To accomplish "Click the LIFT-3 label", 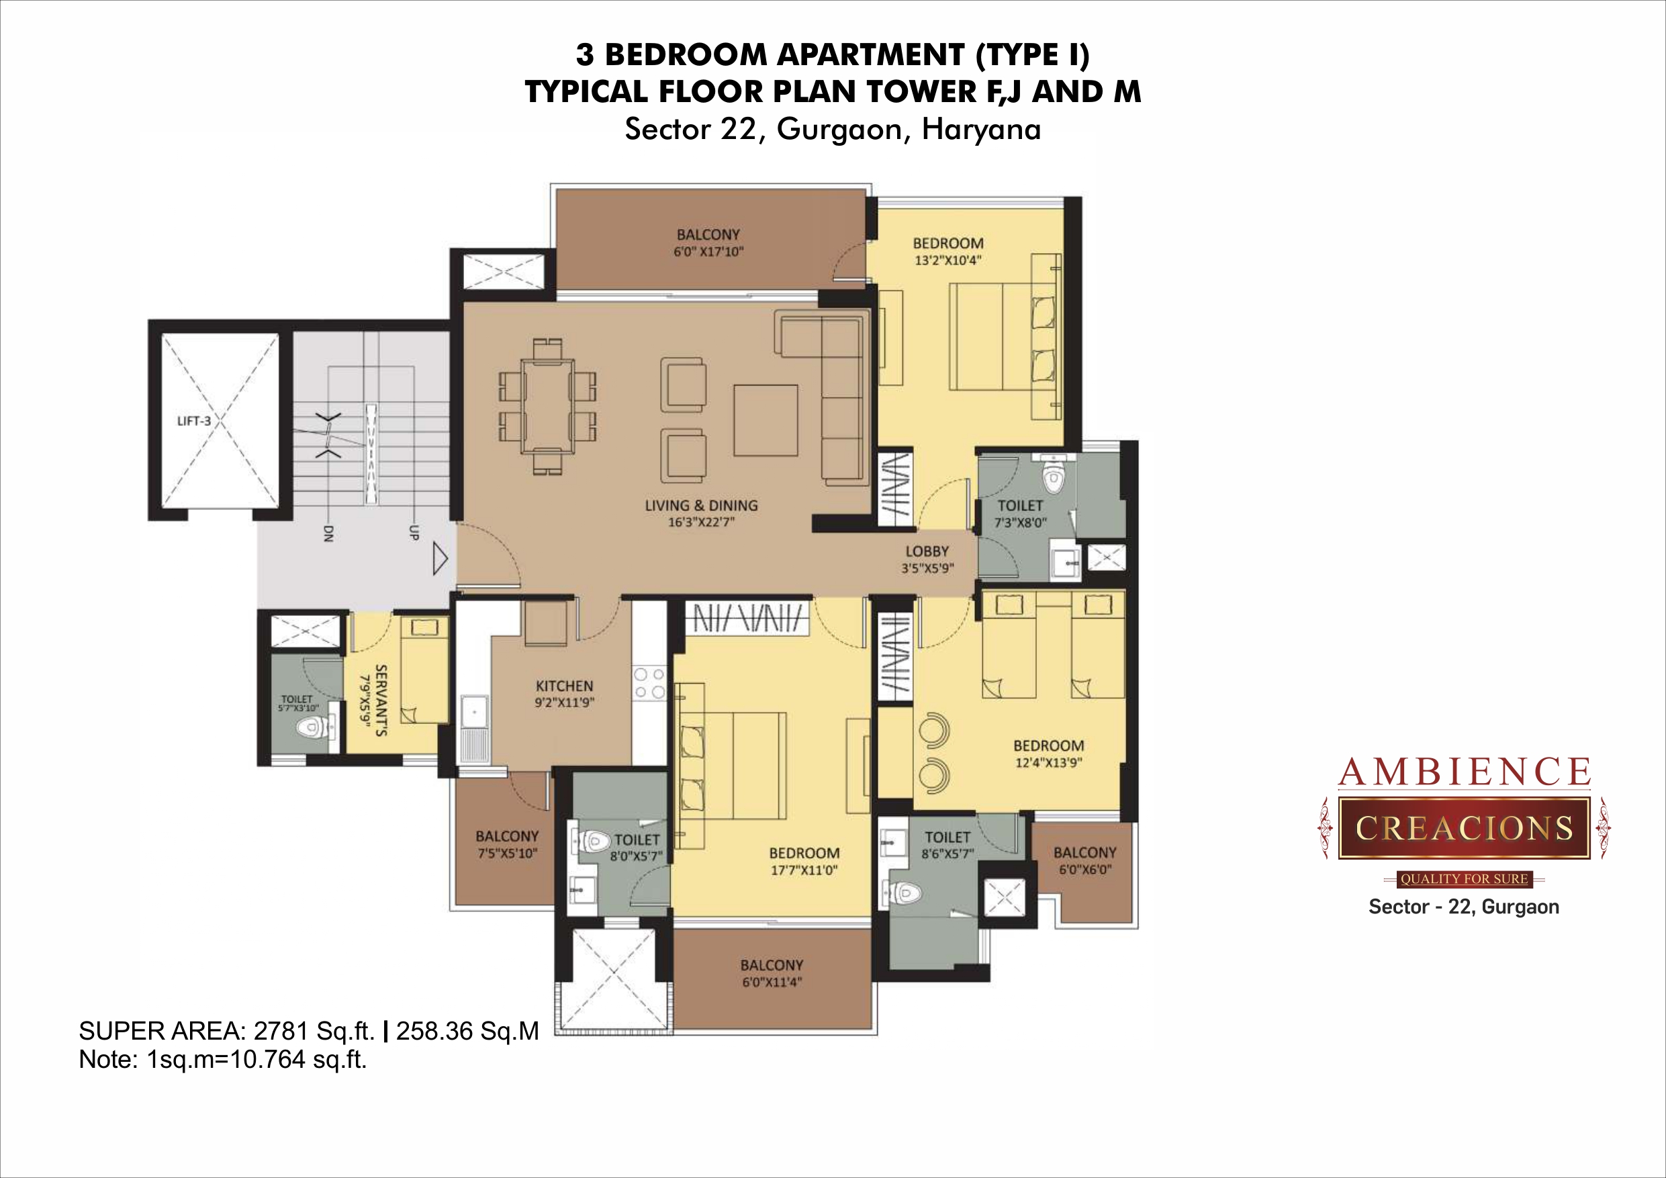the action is click(x=194, y=421).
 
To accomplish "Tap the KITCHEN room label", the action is click(x=565, y=686).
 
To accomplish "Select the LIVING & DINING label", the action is click(x=701, y=505).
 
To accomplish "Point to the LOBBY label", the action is click(x=927, y=551).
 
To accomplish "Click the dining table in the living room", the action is click(x=548, y=406).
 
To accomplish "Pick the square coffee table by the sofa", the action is click(x=766, y=420).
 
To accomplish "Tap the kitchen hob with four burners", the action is click(x=649, y=683).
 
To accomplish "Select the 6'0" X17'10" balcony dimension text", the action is click(x=708, y=252).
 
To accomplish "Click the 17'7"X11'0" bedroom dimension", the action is click(x=804, y=870).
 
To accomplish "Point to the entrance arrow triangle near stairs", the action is click(x=440, y=559).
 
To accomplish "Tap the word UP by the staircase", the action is click(x=414, y=532).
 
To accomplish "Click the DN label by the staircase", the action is click(x=327, y=533).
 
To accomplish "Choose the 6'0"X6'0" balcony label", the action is click(x=1084, y=870).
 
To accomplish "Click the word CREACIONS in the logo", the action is click(x=1464, y=828).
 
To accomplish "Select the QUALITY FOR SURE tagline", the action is click(x=1464, y=879).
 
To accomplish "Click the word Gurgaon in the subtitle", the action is click(x=839, y=129).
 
